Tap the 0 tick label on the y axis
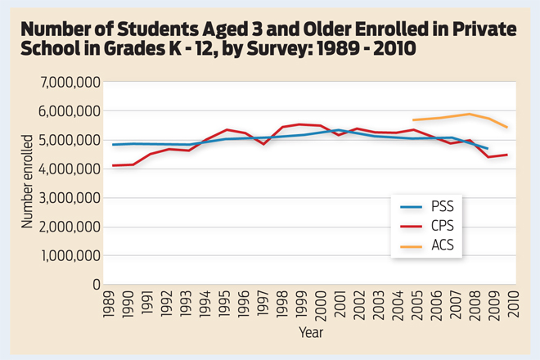[95, 285]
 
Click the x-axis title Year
[310, 333]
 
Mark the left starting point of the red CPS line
[113, 165]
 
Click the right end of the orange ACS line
[508, 127]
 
